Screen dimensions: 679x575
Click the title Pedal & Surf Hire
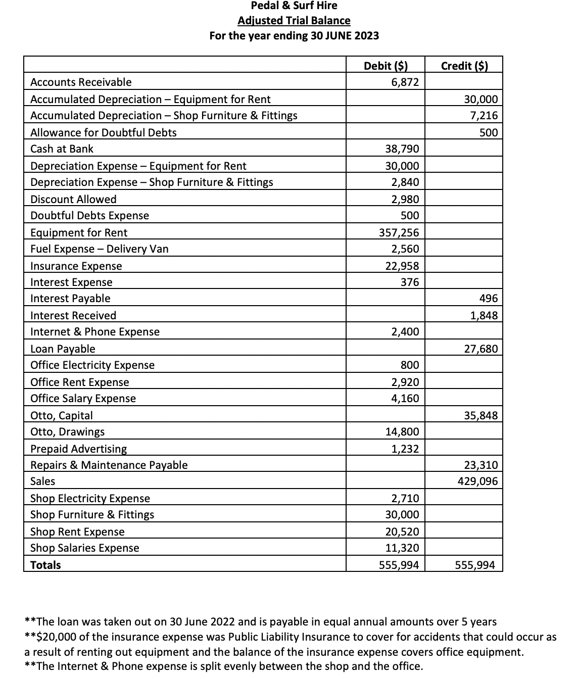pos(294,6)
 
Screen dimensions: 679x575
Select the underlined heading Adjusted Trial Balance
pos(294,21)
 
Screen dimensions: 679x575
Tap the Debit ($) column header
pos(386,66)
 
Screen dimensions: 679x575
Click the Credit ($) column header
pos(464,66)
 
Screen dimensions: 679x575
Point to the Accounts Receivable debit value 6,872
pos(405,82)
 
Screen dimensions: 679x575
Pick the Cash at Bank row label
pos(62,149)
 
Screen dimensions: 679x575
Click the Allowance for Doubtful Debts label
pos(104,132)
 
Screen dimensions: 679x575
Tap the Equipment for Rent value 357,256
pos(399,232)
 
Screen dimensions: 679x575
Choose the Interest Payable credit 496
pos(489,298)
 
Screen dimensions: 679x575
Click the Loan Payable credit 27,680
pos(481,349)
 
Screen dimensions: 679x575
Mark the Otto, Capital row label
pos(62,415)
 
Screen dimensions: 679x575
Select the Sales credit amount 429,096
pos(477,481)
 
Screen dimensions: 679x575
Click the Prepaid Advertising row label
pos(79,449)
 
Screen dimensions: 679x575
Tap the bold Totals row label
pos(45,565)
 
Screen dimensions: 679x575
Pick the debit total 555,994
pos(399,565)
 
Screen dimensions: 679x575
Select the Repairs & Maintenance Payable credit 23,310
pos(481,465)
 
